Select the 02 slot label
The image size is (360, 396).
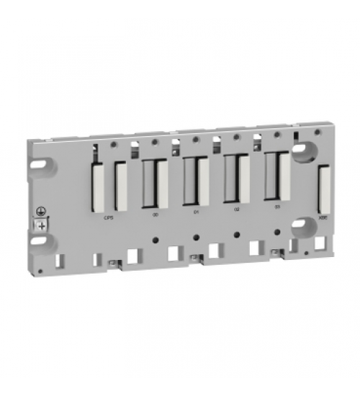(x=237, y=211)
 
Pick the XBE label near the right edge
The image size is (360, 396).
(x=322, y=213)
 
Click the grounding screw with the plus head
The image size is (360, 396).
(x=42, y=226)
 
